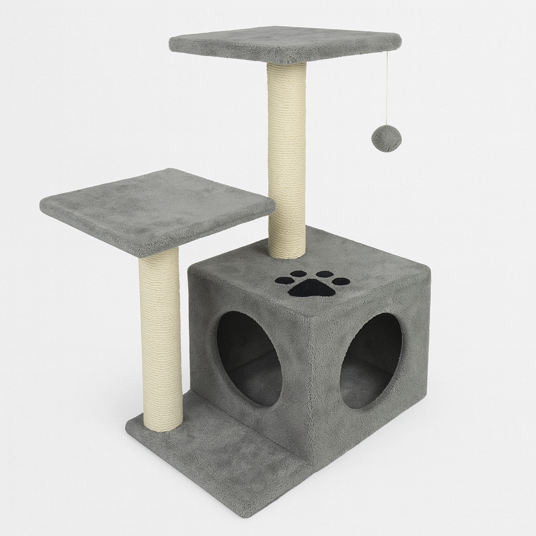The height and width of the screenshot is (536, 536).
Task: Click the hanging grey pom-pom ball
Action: pyautogui.click(x=386, y=138)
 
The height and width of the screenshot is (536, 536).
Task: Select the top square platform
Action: pyautogui.click(x=285, y=43)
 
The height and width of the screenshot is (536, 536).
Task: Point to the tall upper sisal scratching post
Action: pyautogui.click(x=287, y=157)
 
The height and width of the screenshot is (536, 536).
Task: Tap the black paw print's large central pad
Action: pyautogui.click(x=312, y=287)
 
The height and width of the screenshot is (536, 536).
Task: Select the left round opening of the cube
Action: pyautogui.click(x=249, y=359)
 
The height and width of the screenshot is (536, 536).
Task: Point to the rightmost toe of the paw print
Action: pyautogui.click(x=341, y=281)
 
